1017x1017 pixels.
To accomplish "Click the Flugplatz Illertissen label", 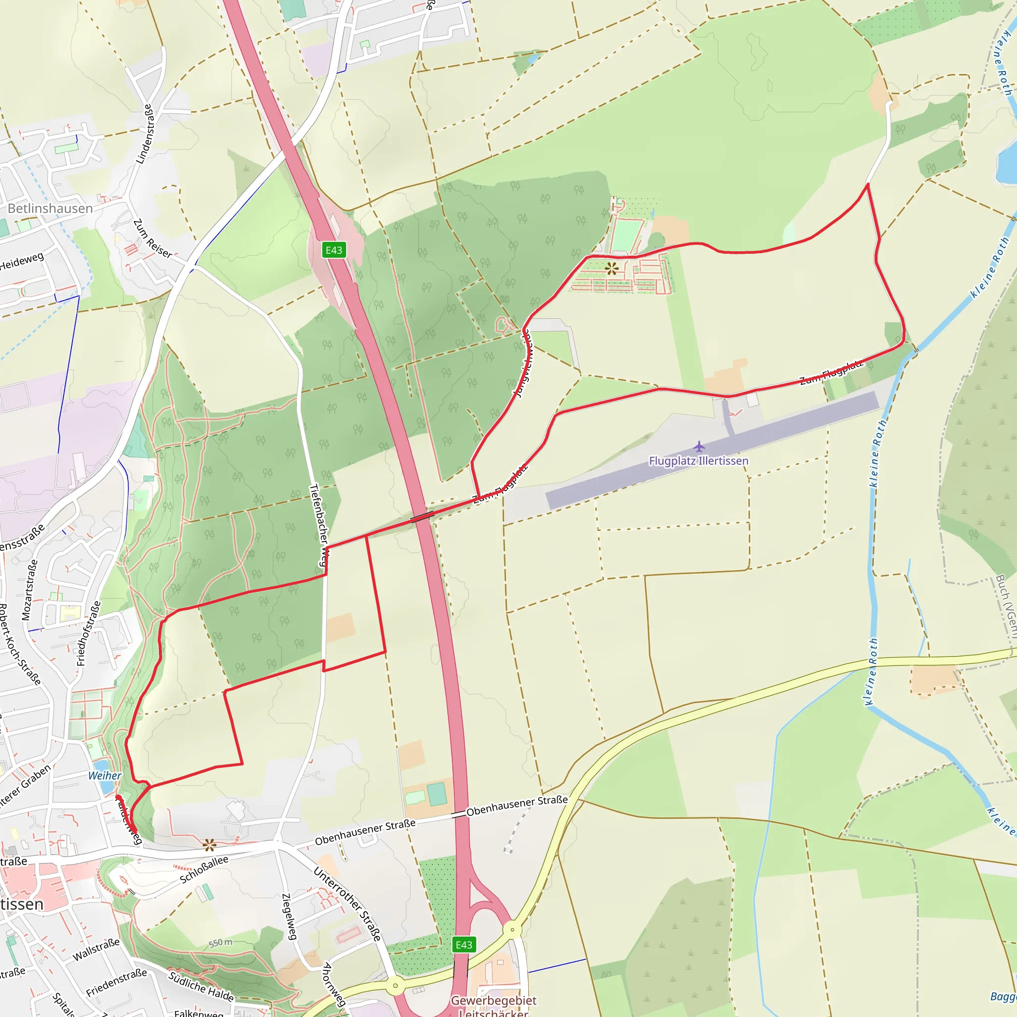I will (x=698, y=461).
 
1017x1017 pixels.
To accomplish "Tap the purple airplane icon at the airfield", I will (x=699, y=447).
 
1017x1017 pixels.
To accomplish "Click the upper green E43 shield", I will (x=334, y=250).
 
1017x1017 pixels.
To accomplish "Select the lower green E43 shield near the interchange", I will (x=464, y=945).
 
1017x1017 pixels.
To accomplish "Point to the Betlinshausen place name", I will (x=50, y=209).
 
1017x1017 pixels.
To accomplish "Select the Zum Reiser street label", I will (x=152, y=239).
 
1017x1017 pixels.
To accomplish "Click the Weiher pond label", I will (x=104, y=775).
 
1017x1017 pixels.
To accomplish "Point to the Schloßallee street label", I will (x=204, y=870).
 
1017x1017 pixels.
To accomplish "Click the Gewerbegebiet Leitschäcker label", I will (x=493, y=1006).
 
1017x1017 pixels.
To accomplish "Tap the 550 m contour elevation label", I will (x=220, y=943).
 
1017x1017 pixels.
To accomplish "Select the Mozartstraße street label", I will (x=29, y=590).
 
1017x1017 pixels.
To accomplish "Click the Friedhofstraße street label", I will (x=88, y=633).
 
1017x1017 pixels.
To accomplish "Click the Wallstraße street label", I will (x=96, y=949).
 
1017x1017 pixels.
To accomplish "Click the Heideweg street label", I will (x=21, y=261).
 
